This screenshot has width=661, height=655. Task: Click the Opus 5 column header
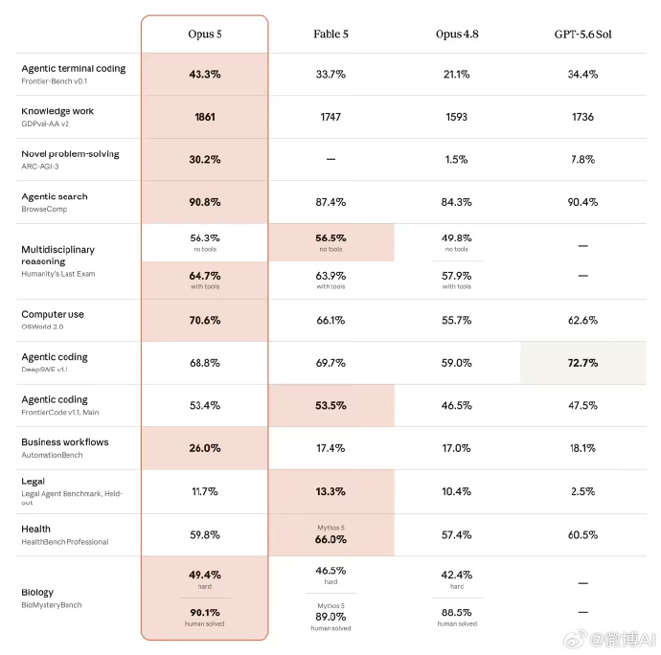pos(205,34)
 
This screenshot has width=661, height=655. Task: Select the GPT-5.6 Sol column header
pos(582,34)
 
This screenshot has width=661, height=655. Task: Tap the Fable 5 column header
pos(330,34)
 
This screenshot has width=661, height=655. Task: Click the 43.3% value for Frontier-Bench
pos(205,74)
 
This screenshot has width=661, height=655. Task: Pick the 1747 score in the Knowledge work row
pos(330,117)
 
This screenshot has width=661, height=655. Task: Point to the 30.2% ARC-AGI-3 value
pos(205,159)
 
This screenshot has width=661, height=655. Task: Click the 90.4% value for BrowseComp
pos(582,202)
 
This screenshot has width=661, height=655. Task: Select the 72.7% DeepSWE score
pos(582,363)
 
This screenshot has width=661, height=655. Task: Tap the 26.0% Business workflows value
pos(205,448)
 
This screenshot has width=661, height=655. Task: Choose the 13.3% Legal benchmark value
pos(330,491)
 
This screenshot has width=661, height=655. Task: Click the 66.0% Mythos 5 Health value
pos(330,539)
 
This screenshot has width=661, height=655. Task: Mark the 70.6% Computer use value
pos(205,321)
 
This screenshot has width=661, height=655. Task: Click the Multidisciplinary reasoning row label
pos(58,256)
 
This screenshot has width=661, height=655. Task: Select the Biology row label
pos(37,592)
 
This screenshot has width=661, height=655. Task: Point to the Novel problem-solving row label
pos(70,154)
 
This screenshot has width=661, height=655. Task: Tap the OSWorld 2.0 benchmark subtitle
pos(42,327)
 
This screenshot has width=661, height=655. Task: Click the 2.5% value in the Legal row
pos(582,491)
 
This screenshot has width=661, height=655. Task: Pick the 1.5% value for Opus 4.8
pos(457,159)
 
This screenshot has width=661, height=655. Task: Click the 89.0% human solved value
pos(330,617)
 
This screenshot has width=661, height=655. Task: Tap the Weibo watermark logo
pos(576,639)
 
